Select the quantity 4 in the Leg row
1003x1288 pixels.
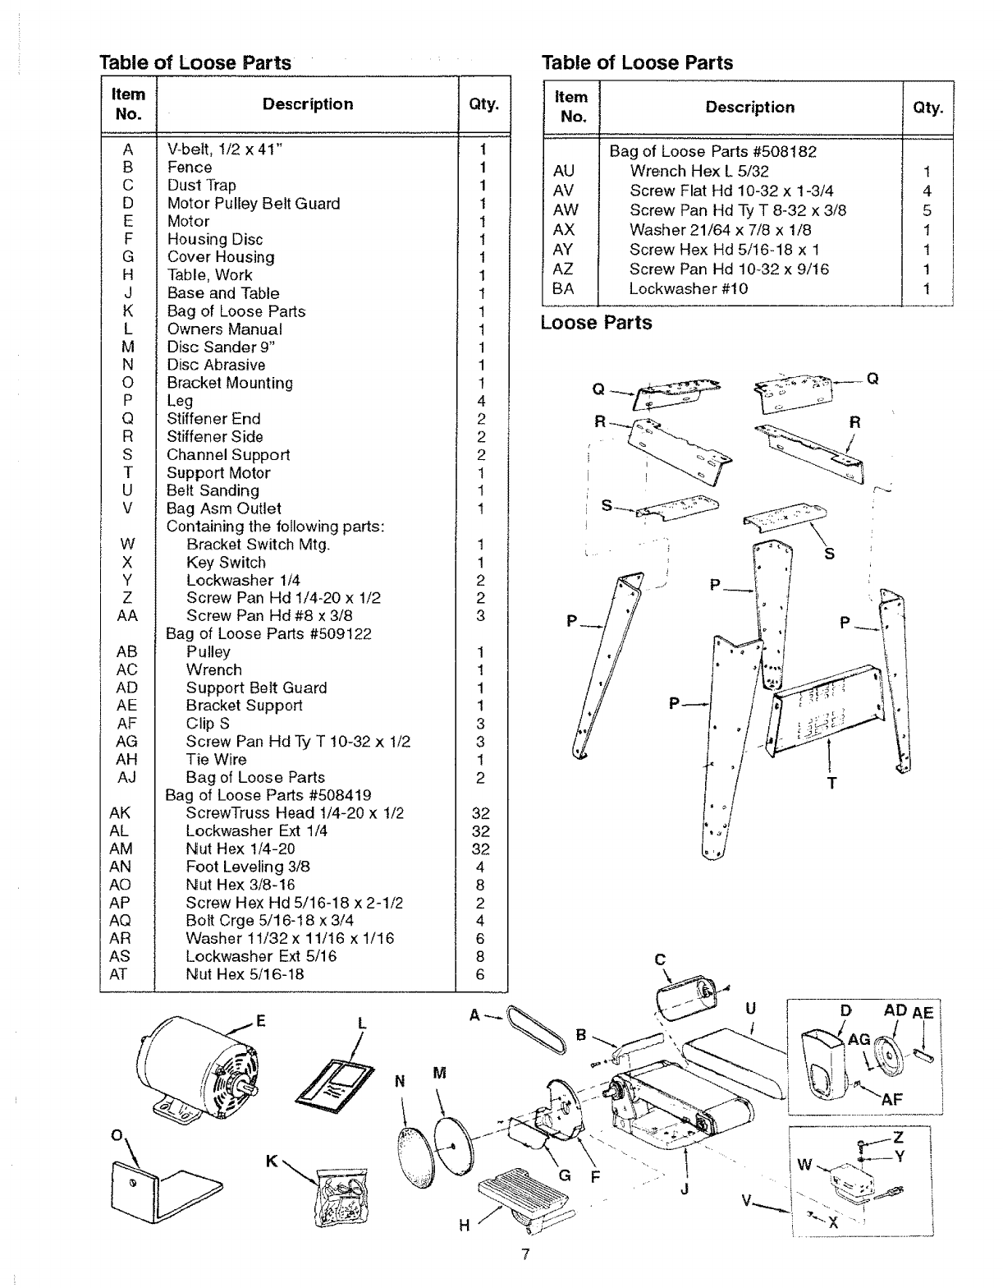[x=481, y=401]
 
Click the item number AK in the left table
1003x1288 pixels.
[x=120, y=813]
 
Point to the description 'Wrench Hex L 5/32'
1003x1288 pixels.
[x=698, y=171]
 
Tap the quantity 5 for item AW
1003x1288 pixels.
[x=927, y=210]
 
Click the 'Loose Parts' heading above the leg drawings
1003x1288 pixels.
[x=596, y=323]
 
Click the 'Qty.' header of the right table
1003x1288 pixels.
[x=927, y=108]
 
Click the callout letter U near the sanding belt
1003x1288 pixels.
[x=750, y=1008]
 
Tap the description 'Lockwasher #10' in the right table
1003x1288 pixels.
[x=688, y=288]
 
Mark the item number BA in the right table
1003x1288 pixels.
[x=563, y=288]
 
